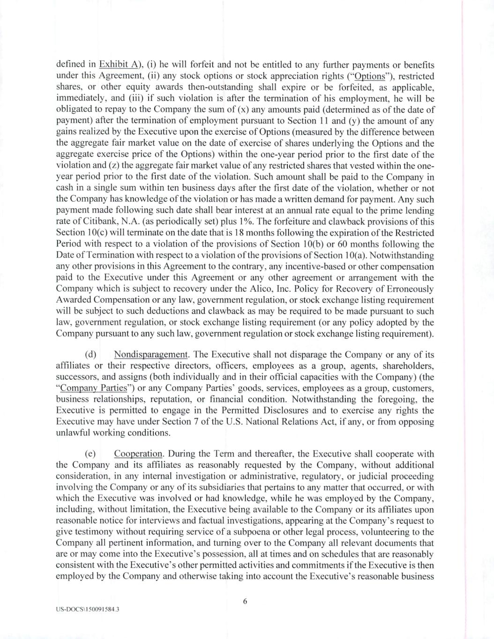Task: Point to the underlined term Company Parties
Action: [94, 388]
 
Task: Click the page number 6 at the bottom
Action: [245, 602]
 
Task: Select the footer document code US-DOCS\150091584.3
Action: [87, 610]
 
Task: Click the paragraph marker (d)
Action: [90, 354]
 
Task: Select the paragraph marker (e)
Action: [90, 454]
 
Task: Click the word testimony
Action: [91, 532]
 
